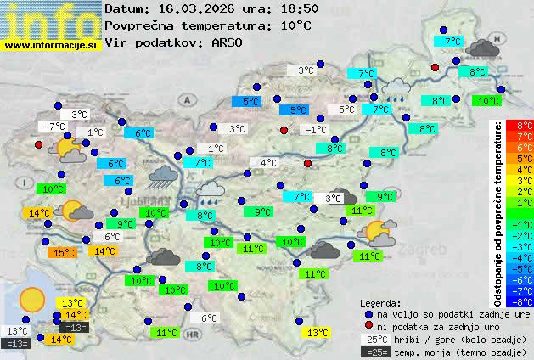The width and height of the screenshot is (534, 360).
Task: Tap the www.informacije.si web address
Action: (x=51, y=44)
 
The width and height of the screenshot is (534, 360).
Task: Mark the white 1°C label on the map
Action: (x=94, y=132)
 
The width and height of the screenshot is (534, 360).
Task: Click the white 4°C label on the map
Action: (x=268, y=163)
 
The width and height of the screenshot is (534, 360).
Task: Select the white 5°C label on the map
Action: (x=346, y=110)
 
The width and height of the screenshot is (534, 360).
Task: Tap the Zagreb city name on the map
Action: (x=427, y=251)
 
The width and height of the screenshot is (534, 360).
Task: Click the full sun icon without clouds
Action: (x=32, y=299)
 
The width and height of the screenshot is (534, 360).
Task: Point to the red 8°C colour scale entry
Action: (x=525, y=125)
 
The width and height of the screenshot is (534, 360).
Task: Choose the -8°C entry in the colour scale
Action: (x=525, y=301)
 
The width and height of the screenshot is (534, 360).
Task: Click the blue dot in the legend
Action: (x=368, y=313)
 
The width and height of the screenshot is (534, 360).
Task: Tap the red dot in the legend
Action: (x=368, y=326)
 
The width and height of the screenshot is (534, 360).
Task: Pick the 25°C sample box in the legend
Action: (x=375, y=339)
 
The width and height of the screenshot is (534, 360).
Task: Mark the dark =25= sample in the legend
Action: (x=375, y=352)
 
